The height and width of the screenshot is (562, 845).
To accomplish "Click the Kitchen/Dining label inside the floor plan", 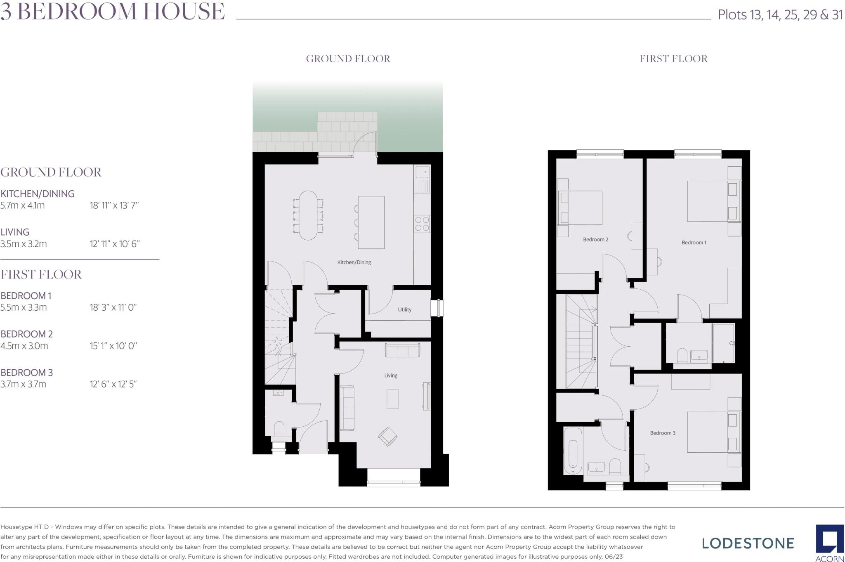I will click(354, 262).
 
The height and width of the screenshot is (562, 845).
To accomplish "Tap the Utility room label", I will click(404, 309).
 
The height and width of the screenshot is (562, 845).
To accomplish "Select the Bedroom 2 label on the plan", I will click(595, 239).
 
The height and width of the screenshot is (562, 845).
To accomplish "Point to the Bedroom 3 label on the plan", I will click(663, 433).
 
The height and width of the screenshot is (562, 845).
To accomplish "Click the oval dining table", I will click(308, 215).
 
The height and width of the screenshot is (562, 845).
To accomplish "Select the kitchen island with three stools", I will click(371, 222).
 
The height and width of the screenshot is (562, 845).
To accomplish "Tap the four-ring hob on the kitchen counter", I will click(422, 224).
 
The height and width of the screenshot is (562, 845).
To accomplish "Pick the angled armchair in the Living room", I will click(388, 437).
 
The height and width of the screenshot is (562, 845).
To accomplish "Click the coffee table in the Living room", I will click(392, 399).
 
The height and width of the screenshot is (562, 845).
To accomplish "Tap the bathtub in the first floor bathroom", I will click(573, 451).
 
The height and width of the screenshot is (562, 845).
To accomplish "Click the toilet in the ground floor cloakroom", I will click(279, 429).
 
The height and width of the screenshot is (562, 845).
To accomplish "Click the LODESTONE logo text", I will click(748, 543).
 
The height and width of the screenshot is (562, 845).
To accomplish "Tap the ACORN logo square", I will click(829, 540).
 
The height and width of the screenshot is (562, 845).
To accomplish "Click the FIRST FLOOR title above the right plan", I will click(673, 59).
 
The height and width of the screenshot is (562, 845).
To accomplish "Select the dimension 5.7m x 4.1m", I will click(23, 205).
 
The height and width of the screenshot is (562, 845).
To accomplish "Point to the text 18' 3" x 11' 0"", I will click(113, 307).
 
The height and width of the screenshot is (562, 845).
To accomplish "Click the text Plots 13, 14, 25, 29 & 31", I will click(780, 15).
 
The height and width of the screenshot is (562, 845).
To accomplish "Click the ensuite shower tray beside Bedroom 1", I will click(724, 343).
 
